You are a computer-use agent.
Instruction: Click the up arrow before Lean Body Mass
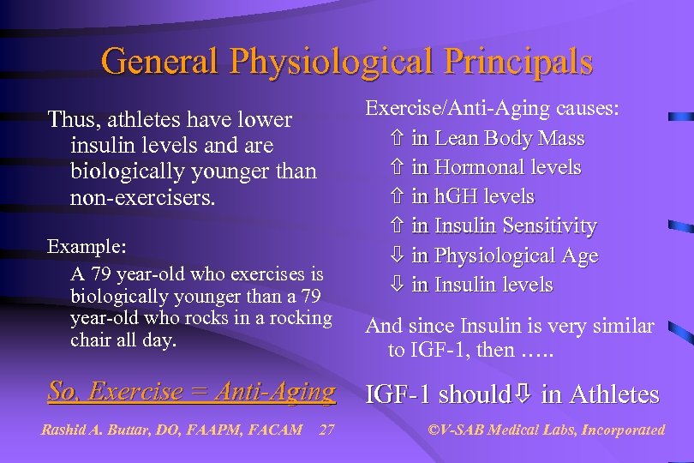click(x=396, y=139)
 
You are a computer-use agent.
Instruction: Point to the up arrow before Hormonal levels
click(x=396, y=168)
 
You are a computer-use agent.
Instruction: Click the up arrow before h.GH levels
click(x=396, y=197)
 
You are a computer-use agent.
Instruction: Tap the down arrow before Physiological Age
click(x=396, y=256)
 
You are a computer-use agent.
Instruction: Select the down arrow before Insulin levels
click(x=396, y=286)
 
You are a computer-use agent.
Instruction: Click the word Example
click(x=87, y=246)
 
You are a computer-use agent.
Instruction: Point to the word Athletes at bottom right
click(x=614, y=394)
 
